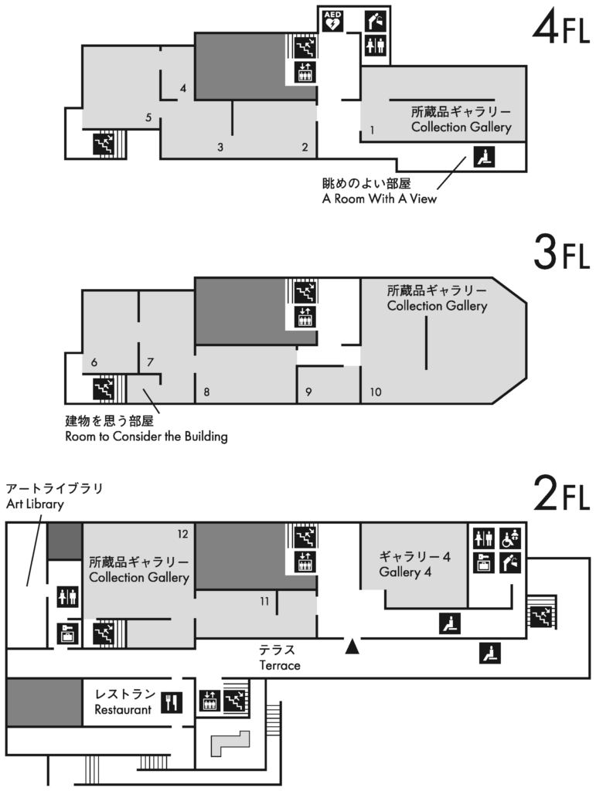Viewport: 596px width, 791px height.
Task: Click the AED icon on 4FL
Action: pyautogui.click(x=332, y=21)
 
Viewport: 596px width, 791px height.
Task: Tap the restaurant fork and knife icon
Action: pyautogui.click(x=172, y=702)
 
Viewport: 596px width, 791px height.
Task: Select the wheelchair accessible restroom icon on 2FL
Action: pyautogui.click(x=511, y=538)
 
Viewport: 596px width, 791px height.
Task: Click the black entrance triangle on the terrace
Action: pyautogui.click(x=352, y=646)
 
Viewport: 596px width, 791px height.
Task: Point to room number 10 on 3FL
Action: pyautogui.click(x=376, y=392)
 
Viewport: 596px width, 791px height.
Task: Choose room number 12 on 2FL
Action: pyautogui.click(x=182, y=534)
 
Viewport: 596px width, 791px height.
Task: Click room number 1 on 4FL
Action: pyautogui.click(x=372, y=130)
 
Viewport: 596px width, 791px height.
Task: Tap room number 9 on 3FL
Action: pyautogui.click(x=308, y=392)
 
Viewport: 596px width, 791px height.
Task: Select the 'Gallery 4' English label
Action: pyautogui.click(x=405, y=572)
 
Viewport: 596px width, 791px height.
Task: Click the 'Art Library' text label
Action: pyautogui.click(x=35, y=504)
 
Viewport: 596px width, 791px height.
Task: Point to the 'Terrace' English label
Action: pyautogui.click(x=280, y=665)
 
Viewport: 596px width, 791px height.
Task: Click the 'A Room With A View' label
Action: pyautogui.click(x=379, y=199)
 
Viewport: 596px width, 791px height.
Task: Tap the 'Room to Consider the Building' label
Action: pyautogui.click(x=146, y=436)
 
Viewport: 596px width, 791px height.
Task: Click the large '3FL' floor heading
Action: pyautogui.click(x=561, y=253)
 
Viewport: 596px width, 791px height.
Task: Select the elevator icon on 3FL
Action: pyautogui.click(x=305, y=317)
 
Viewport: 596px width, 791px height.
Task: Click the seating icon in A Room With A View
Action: pyautogui.click(x=484, y=156)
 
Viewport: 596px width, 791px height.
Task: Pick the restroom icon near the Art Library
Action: pyautogui.click(x=68, y=597)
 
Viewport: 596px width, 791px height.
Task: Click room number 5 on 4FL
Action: pyautogui.click(x=148, y=117)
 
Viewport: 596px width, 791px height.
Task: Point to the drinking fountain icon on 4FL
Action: pyautogui.click(x=375, y=21)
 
